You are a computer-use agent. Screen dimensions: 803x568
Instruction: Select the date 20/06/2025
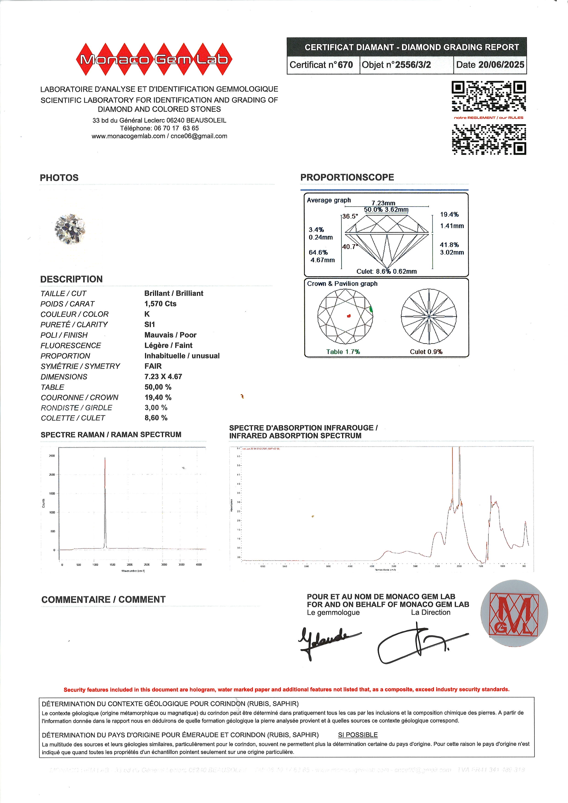click(501, 65)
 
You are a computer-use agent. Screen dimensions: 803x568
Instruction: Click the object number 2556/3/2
click(413, 65)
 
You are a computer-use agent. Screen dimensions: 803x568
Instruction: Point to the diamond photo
click(70, 229)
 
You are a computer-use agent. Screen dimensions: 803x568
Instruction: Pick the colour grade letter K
click(147, 314)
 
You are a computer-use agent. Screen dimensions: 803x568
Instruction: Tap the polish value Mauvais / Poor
click(170, 335)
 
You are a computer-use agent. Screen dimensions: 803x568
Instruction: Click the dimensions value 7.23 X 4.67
click(163, 377)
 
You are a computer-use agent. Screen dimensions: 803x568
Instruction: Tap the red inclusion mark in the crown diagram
click(348, 316)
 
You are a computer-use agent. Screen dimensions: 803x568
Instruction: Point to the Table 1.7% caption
click(343, 352)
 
